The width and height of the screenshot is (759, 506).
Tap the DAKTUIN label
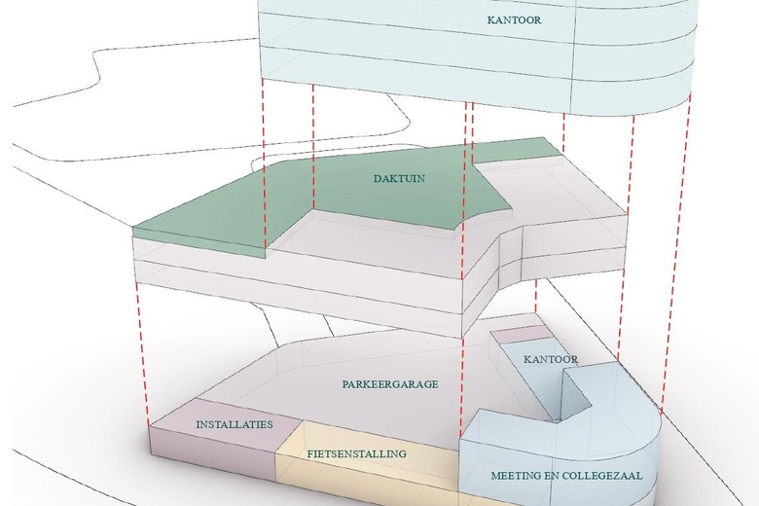tap(400, 179)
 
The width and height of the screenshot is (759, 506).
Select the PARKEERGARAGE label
tap(390, 384)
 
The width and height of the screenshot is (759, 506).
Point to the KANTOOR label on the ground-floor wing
tap(551, 359)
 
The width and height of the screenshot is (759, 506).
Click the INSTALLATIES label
tap(235, 425)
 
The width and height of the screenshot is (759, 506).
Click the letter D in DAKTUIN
tap(377, 179)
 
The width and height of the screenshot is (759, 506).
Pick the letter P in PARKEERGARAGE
tap(345, 384)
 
